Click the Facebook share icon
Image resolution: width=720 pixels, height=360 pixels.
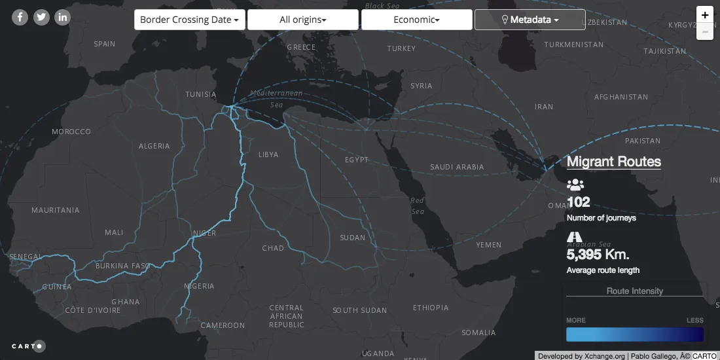[20, 17]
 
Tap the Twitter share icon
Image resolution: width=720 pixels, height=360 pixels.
[41, 17]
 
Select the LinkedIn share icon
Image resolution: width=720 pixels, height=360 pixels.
[62, 17]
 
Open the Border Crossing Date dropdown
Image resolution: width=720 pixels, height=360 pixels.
[190, 20]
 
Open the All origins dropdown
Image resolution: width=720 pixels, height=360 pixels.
[303, 20]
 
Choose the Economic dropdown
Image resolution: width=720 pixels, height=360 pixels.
[416, 20]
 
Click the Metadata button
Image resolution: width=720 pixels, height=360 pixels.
[530, 20]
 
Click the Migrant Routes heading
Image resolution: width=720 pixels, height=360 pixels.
[613, 162]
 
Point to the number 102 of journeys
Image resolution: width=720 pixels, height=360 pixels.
[579, 202]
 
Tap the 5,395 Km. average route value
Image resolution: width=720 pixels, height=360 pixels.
[598, 255]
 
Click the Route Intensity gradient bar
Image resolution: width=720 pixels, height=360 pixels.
[634, 334]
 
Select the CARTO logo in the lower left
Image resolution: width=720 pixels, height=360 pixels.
[28, 346]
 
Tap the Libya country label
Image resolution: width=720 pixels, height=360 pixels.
[268, 154]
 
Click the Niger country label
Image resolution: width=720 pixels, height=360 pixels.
[204, 233]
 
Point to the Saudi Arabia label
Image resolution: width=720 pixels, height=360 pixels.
[457, 167]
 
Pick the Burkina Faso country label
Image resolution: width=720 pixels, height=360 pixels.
[123, 266]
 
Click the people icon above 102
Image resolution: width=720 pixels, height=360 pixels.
[575, 185]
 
